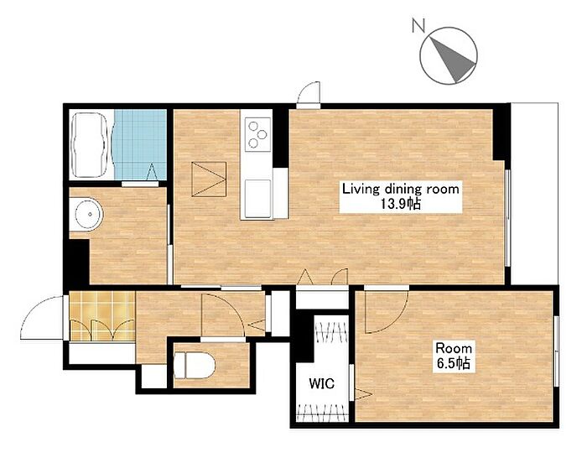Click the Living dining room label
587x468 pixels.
pos(401,189)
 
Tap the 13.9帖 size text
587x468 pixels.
pos(401,204)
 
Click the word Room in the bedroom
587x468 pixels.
pos(454,349)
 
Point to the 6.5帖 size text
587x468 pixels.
pos(454,363)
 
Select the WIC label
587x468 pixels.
pos(321,383)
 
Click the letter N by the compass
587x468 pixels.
pos(418,26)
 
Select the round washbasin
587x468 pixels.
pos(89,215)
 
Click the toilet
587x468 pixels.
pos(195,365)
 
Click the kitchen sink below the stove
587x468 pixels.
pos(258,199)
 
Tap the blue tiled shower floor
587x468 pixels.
pos(140,144)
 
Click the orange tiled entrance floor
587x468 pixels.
pos(102,316)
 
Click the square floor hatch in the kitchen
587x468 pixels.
pos(209,179)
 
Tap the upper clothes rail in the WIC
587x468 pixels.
pos(331,331)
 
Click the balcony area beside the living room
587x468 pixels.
pos(535,193)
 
